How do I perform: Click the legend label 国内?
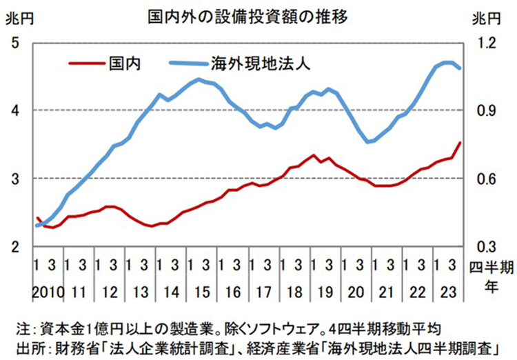(x=125, y=63)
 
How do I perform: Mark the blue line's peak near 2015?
(x=199, y=79)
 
